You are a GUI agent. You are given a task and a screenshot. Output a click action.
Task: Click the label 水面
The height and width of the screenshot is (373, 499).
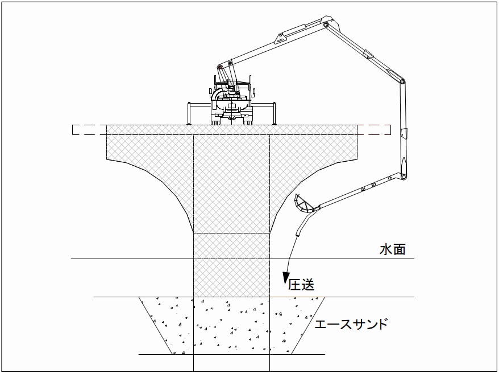(392, 249)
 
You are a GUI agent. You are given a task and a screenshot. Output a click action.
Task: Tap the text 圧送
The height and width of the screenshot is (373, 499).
(301, 284)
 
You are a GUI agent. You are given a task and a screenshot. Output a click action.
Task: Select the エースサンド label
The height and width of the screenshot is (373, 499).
(351, 324)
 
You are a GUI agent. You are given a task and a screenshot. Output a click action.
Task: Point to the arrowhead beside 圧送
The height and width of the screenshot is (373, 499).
(286, 278)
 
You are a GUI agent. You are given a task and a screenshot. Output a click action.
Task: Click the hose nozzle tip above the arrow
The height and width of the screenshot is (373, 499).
(298, 234)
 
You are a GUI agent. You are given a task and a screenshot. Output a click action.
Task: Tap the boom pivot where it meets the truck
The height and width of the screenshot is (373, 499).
(219, 67)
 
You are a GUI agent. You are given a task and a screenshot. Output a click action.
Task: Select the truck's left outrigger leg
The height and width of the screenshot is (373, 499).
(189, 113)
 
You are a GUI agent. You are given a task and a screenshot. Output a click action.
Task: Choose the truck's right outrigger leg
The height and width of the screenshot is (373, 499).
(274, 113)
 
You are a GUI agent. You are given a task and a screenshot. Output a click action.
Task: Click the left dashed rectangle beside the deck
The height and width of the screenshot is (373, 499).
(89, 130)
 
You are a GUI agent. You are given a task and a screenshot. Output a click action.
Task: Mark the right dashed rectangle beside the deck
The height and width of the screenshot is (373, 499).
(374, 130)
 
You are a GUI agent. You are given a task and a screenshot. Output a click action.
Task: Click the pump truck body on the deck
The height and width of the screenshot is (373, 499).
(232, 102)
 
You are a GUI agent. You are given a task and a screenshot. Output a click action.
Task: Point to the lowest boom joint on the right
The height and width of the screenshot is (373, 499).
(404, 177)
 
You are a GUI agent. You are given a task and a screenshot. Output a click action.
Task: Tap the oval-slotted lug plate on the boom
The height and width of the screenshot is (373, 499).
(279, 38)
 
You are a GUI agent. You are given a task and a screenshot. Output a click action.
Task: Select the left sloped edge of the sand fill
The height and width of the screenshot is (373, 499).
(156, 326)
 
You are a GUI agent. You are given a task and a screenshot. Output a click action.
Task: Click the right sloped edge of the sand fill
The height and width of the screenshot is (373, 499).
(307, 326)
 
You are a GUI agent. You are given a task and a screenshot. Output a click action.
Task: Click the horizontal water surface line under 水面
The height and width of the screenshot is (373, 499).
(243, 259)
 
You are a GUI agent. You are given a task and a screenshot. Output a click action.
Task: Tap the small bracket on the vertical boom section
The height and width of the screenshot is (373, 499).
(403, 134)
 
